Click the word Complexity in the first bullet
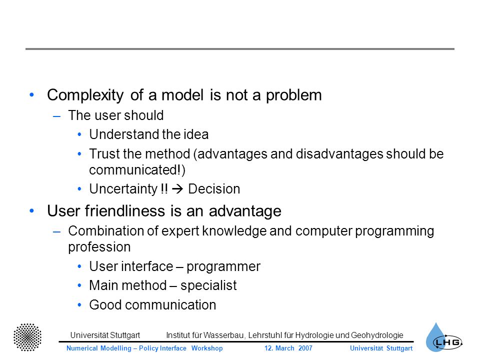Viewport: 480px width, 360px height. point(85,95)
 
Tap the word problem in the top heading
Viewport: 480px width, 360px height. point(293,95)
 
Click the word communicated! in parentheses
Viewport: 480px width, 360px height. point(137,170)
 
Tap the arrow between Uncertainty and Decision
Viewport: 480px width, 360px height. point(177,189)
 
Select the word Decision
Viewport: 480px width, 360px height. point(214,189)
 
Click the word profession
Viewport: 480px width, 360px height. point(99,247)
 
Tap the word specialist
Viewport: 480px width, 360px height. point(208,285)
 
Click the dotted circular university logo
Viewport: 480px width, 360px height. point(27,337)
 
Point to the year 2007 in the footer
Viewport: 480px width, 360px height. point(305,348)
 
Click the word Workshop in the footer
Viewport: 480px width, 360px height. point(207,348)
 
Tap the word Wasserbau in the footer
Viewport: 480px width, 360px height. point(224,335)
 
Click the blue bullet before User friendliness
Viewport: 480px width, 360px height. point(32,210)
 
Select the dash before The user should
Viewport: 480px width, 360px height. point(56,116)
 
